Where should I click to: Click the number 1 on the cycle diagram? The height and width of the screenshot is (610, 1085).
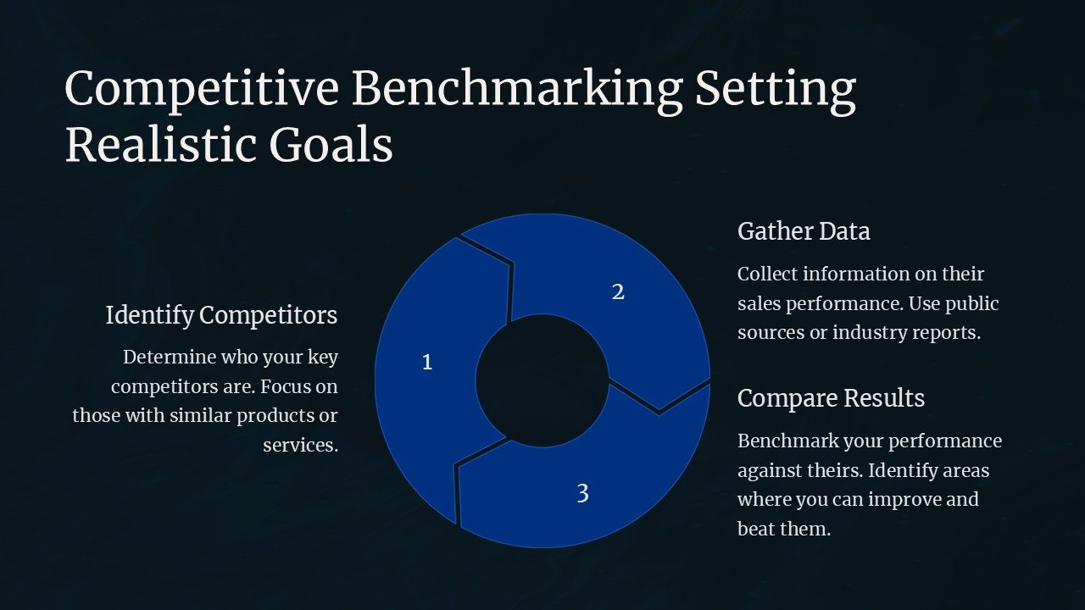[x=427, y=363]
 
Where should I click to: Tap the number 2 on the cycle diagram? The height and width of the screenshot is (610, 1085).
[x=618, y=292]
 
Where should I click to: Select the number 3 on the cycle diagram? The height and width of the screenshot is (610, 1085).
[x=582, y=493]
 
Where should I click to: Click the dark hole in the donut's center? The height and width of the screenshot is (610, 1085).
[x=542, y=380]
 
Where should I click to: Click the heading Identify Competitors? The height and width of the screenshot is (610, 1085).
[x=221, y=315]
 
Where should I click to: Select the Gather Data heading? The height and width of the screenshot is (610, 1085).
[x=804, y=231]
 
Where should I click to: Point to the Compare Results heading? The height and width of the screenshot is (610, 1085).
[x=831, y=398]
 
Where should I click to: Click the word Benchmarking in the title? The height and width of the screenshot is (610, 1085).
[x=517, y=89]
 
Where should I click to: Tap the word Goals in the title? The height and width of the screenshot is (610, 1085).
[x=331, y=145]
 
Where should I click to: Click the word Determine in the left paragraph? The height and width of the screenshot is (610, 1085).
[x=168, y=358]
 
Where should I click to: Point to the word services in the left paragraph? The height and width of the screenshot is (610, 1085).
[x=300, y=445]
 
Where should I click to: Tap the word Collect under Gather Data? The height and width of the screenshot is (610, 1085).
[x=767, y=274]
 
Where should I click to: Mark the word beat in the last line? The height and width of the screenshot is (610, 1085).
[x=754, y=529]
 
